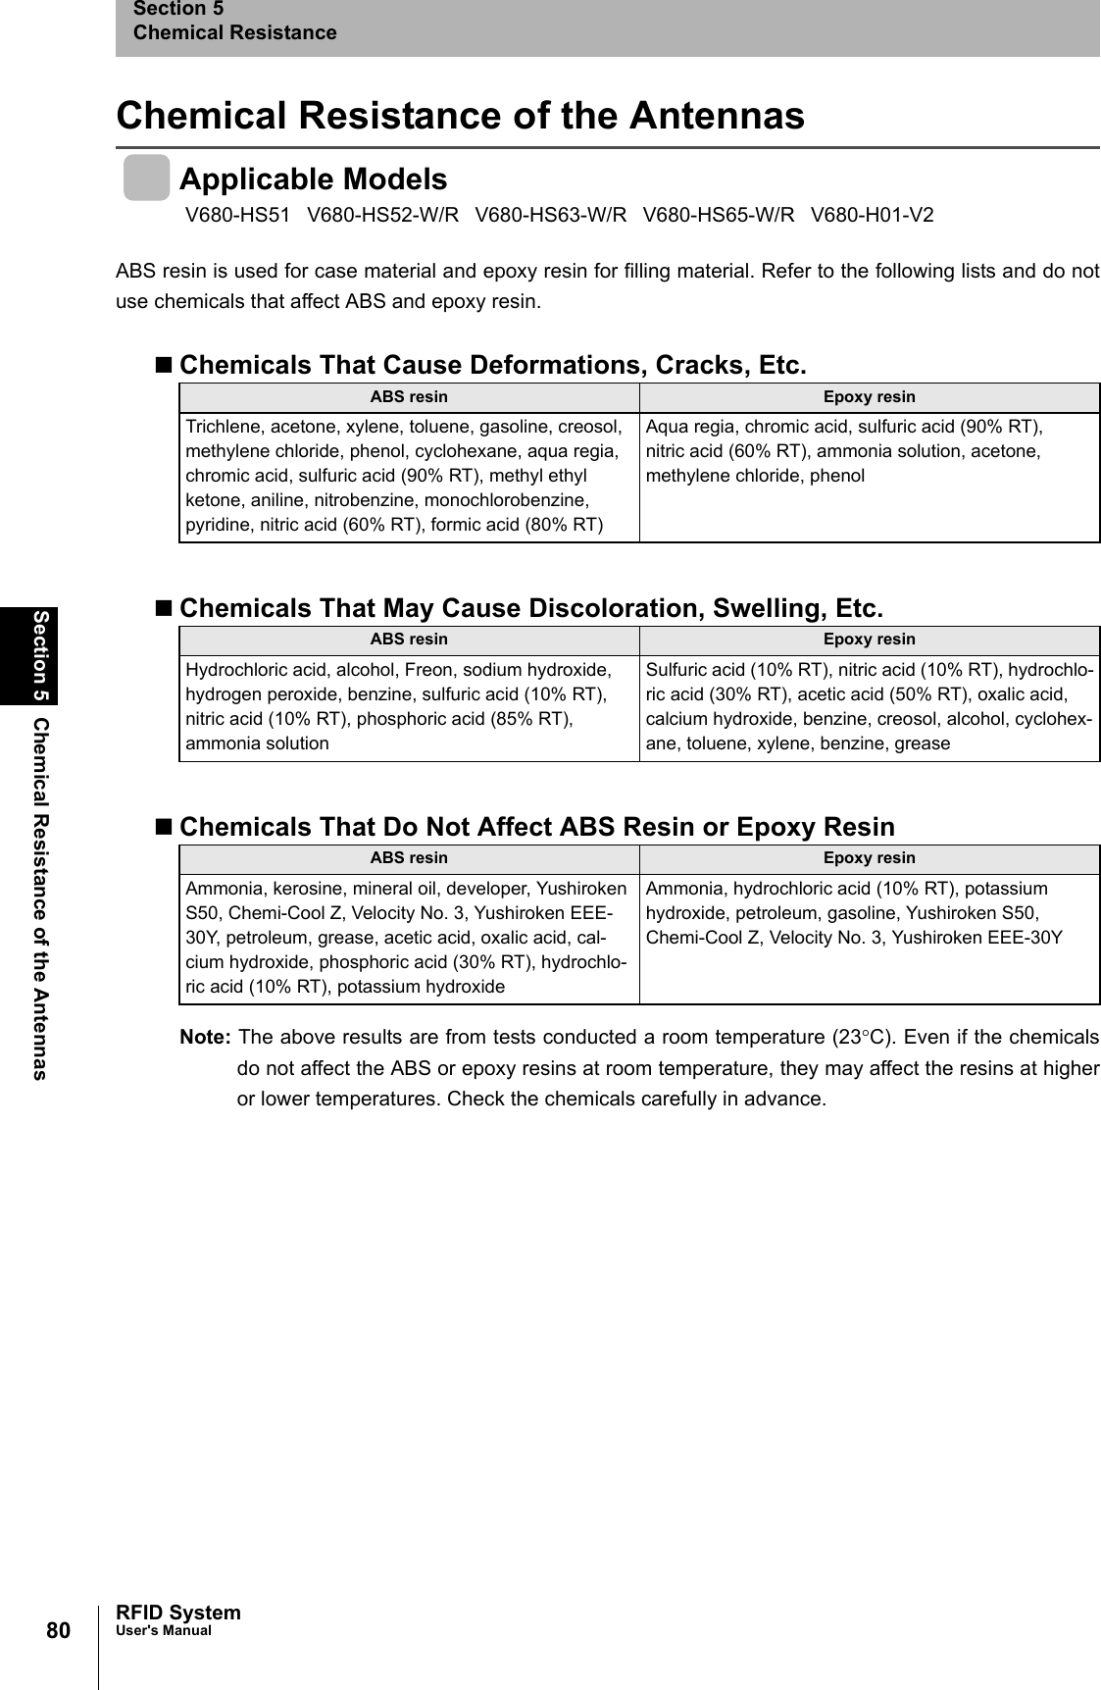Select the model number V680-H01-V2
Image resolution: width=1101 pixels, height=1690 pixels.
tap(872, 215)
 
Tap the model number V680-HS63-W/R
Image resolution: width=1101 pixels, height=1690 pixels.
tap(550, 215)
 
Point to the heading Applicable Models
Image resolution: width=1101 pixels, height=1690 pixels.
tap(313, 179)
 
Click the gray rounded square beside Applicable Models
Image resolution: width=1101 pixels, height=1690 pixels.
tap(146, 178)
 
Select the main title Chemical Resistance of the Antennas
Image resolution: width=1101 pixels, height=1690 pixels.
tap(460, 115)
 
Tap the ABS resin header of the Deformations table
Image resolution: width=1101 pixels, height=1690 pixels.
tap(409, 397)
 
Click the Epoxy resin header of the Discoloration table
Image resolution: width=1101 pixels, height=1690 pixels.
tap(869, 640)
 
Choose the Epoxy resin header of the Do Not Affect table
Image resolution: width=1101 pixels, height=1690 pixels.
tap(869, 858)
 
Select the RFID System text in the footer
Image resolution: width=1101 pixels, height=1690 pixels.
tap(177, 1613)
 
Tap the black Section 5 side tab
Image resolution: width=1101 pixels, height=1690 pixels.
tap(41, 655)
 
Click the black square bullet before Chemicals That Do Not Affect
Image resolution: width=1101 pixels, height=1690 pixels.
tap(164, 828)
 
